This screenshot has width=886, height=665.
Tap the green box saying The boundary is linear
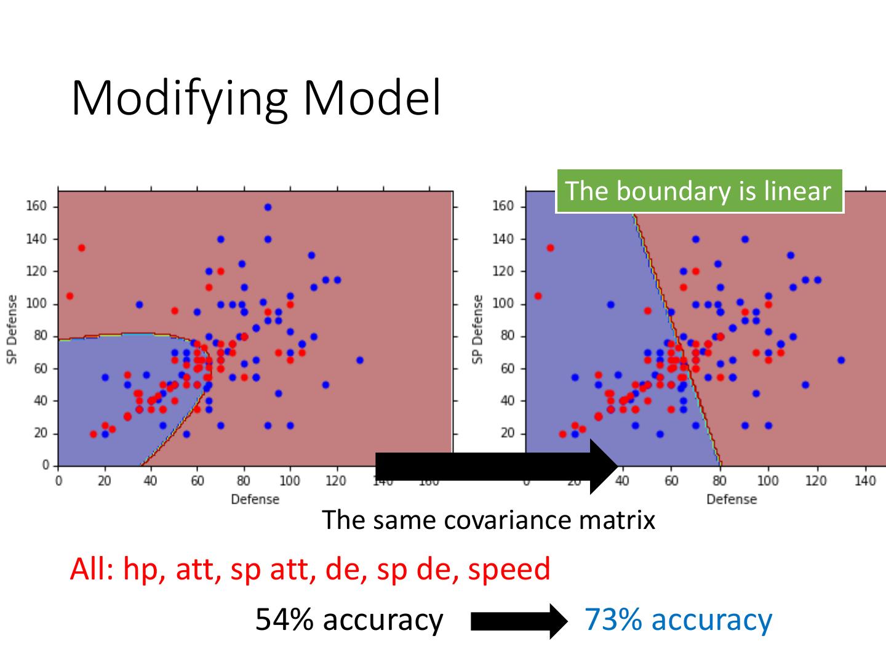pos(698,191)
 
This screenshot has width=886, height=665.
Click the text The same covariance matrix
pos(488,520)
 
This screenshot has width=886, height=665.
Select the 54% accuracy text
pos(349,619)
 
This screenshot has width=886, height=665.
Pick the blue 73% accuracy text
pos(678,619)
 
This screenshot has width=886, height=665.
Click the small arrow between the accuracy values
pos(519,621)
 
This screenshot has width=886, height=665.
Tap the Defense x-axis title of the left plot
pos(255,499)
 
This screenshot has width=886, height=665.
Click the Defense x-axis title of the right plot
pos(732,499)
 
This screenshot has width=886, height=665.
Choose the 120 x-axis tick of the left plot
pos(336,481)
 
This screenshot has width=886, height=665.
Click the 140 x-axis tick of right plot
pos(865,481)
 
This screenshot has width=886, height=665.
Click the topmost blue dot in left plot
pos(268,207)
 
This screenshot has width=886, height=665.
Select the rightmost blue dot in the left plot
pos(360,360)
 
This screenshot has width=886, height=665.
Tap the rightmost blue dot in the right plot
pos(841,360)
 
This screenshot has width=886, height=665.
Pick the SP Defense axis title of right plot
pos(477,329)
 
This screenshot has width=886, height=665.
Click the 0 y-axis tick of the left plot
pos(46,465)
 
